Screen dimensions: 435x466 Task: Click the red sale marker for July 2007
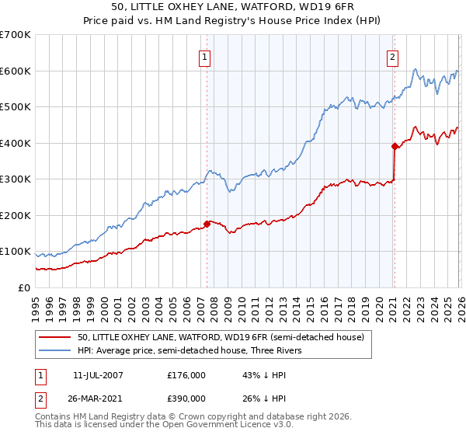pyautogui.click(x=207, y=224)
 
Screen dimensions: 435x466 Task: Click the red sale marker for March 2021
pyautogui.click(x=395, y=145)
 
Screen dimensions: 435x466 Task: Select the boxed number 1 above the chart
pyautogui.click(x=204, y=56)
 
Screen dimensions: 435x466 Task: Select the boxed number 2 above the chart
pyautogui.click(x=393, y=56)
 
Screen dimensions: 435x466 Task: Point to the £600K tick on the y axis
pyautogui.click(x=16, y=71)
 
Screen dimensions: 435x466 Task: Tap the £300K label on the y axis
pyautogui.click(x=16, y=179)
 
